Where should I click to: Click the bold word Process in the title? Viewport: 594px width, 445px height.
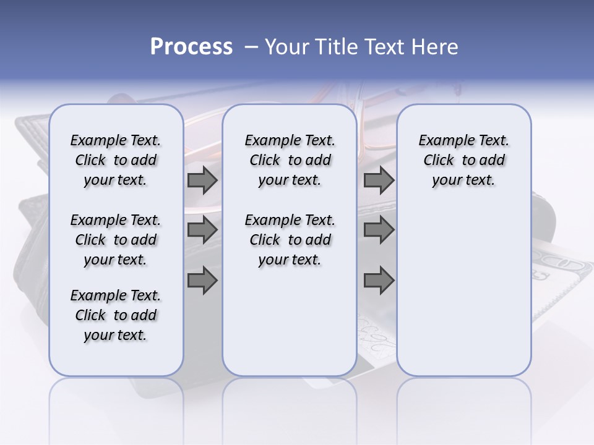(x=191, y=46)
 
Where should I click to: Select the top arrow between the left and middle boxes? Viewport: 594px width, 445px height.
(x=202, y=180)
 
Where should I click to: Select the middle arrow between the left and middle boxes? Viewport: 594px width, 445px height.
(x=202, y=231)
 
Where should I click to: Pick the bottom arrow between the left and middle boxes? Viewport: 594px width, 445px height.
(x=202, y=281)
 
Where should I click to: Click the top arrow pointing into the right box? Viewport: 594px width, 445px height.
(x=379, y=180)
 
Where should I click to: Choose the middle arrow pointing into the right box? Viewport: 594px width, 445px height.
(x=379, y=231)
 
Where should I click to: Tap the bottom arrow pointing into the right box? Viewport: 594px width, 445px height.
(x=379, y=281)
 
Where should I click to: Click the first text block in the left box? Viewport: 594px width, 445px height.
(x=116, y=160)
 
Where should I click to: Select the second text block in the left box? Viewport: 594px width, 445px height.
(x=116, y=240)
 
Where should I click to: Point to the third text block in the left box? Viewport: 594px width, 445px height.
(x=116, y=315)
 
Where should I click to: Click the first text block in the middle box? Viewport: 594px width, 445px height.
(x=290, y=160)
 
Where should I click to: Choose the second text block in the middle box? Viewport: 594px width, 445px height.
(x=290, y=240)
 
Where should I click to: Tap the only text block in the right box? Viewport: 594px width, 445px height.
(x=464, y=160)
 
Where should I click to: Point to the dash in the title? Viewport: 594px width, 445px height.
(x=251, y=47)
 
